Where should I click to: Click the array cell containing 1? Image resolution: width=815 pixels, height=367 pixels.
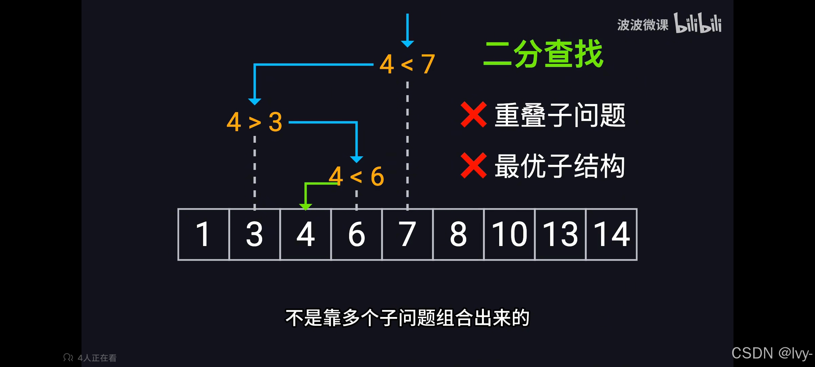pos(203,234)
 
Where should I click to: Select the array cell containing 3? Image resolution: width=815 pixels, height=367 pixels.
pos(255,234)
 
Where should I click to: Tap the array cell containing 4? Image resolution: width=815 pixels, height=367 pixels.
pos(306,234)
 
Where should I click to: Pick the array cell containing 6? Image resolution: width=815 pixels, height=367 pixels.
pos(357,234)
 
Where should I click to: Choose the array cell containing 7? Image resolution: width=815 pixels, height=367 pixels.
pos(407,234)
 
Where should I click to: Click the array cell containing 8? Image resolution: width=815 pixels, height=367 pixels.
pos(458,234)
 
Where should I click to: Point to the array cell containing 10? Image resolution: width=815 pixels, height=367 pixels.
pos(509,234)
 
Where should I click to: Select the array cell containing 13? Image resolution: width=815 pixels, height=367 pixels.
pos(560,234)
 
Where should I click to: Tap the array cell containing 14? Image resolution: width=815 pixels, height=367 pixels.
pos(611,234)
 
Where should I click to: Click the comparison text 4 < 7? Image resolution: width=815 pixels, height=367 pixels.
pos(407,64)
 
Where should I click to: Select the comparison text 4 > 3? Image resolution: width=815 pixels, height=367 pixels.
pos(254,122)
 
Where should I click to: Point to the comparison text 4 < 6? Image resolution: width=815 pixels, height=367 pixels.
pos(357,176)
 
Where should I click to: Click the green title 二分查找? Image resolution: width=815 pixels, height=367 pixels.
pos(543,54)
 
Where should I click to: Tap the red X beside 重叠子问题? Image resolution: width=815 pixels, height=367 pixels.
pos(473,115)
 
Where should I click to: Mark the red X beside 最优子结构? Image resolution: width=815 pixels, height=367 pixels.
pos(473,166)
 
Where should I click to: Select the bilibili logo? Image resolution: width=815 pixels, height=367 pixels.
pos(698,23)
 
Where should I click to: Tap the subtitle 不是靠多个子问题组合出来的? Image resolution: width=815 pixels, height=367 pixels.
pos(407,318)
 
